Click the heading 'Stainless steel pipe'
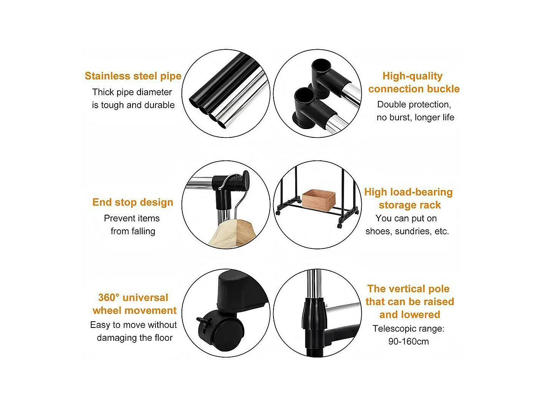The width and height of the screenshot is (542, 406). tap(133, 76)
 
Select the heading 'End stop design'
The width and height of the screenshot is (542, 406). tap(133, 203)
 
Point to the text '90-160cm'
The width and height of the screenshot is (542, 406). tap(409, 341)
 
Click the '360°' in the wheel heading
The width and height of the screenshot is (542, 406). tap(109, 297)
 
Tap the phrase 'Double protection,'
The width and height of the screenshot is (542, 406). tap(414, 104)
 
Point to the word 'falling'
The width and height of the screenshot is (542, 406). tap(143, 231)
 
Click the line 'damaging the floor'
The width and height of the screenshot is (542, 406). tap(135, 338)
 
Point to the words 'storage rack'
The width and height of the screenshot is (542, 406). tap(410, 205)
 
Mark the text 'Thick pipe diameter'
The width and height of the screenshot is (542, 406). tap(132, 92)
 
